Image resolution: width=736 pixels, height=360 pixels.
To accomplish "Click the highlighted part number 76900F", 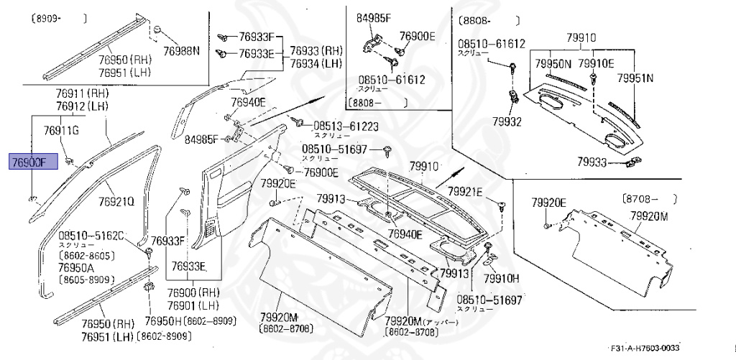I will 28,162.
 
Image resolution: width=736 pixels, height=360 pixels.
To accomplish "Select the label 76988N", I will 180,51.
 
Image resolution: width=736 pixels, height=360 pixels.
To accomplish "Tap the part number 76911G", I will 61,130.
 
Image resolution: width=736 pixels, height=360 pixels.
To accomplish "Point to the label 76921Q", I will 116,202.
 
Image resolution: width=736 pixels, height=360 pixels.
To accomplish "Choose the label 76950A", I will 77,267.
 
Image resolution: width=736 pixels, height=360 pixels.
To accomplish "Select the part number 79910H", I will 501,278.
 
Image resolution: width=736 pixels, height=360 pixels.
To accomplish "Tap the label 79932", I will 507,121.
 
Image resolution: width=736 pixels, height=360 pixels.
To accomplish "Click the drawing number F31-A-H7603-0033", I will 645,346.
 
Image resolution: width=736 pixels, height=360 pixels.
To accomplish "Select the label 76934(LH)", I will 316,64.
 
